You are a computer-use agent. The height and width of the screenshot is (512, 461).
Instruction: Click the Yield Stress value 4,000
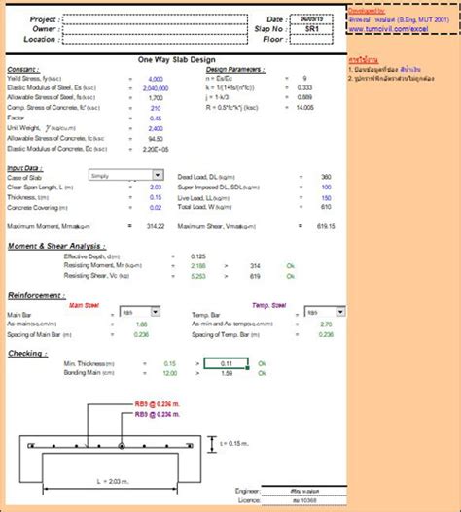tap(155, 78)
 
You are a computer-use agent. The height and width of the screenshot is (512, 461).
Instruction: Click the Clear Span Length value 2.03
tap(157, 186)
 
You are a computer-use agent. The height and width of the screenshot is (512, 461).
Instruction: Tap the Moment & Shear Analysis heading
tap(57, 246)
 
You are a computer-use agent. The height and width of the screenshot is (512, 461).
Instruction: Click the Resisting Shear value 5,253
tap(198, 275)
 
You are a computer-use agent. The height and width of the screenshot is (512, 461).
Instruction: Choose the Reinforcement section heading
tap(36, 294)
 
